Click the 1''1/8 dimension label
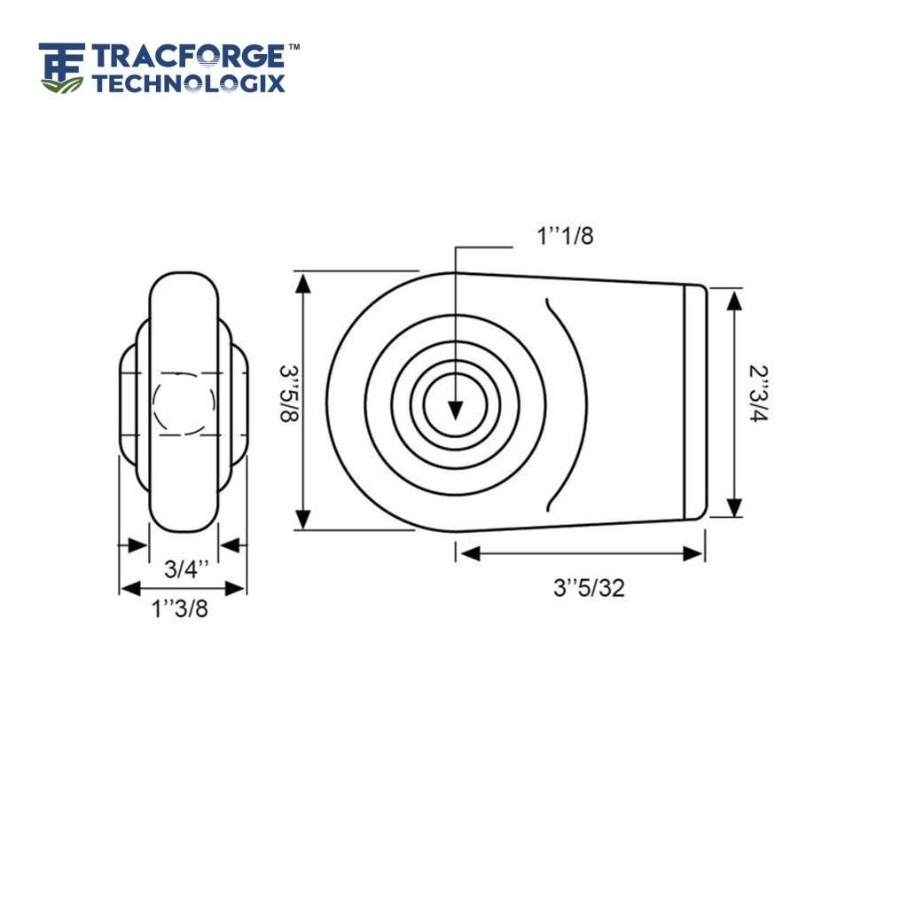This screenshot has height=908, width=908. pos(565,237)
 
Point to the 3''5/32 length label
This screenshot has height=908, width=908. pos(589,588)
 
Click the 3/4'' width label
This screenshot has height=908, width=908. pos(184,568)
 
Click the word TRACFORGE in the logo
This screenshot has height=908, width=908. pos(188,58)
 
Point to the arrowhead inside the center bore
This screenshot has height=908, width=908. pos(455,410)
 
